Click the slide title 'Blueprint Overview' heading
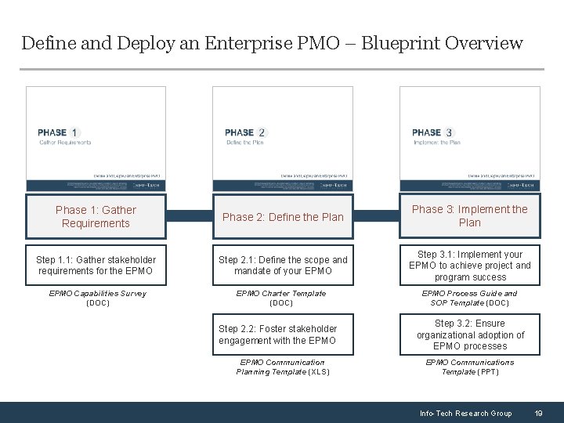[272, 42]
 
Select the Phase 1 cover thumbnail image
[96, 138]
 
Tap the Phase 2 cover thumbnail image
[283, 138]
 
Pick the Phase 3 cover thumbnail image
[470, 138]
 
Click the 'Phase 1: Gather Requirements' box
[96, 216]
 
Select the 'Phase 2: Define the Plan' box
[283, 217]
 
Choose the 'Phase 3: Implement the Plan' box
[470, 215]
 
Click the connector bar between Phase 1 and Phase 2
[189, 216]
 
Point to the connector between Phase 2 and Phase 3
[376, 216]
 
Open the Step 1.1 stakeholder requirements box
[96, 266]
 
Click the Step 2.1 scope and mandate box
[283, 266]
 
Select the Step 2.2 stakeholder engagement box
[283, 334]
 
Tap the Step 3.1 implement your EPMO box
[470, 266]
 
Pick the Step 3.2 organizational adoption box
[470, 334]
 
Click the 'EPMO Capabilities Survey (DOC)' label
[97, 298]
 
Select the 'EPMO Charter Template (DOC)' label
[282, 298]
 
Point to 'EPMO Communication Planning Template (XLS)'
[283, 367]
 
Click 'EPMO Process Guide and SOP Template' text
[470, 298]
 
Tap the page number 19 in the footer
[538, 413]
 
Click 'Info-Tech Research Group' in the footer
[465, 413]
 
